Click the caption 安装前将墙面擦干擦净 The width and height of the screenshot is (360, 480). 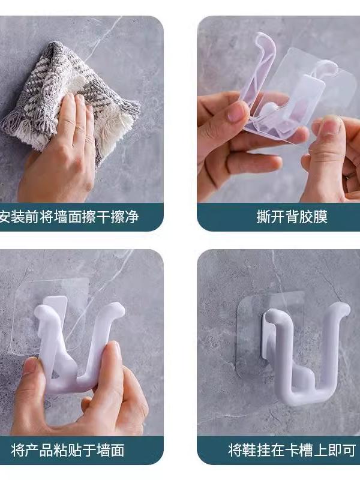pos(69,217)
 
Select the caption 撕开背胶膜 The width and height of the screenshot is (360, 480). pos(292,217)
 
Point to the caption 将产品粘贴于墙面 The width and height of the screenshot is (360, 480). pos(68,451)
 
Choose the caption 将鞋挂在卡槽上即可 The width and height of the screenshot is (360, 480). pos(292,451)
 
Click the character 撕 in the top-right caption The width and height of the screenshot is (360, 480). pos(263,217)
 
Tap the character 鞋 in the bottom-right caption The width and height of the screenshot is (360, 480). pos(250,451)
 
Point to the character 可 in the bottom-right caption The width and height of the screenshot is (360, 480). pos(349,451)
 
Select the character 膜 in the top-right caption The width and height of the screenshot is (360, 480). pos(320,217)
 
